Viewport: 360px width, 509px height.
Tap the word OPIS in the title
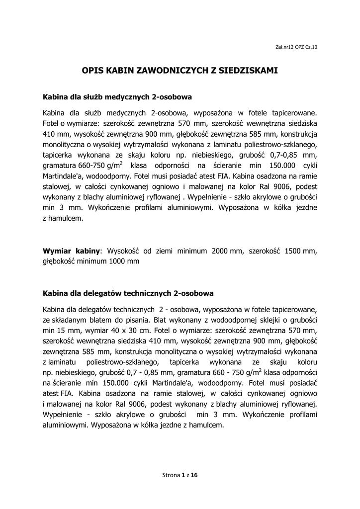(92, 71)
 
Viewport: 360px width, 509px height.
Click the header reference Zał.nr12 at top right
(284, 47)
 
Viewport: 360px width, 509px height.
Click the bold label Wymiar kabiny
(72, 251)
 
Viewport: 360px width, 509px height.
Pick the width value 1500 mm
(301, 251)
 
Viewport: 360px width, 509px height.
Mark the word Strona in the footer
(171, 475)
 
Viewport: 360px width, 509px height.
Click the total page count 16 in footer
(194, 475)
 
